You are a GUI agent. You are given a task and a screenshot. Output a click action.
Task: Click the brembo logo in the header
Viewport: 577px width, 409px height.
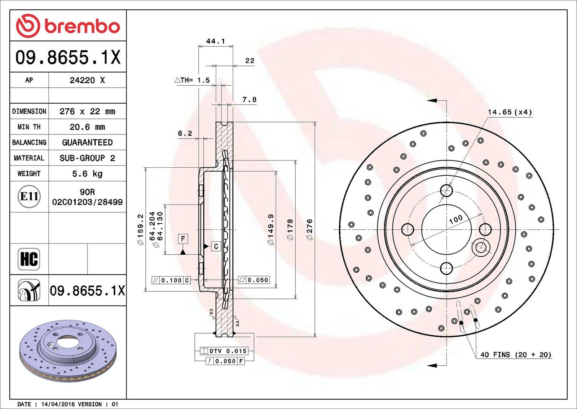click(x=68, y=26)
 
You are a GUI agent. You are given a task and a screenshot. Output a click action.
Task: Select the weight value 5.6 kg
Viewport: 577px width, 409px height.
click(x=87, y=174)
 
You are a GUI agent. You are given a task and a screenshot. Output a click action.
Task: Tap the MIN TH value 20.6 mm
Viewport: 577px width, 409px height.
click(x=87, y=127)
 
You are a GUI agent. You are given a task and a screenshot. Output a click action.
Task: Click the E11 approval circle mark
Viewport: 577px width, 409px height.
click(x=29, y=197)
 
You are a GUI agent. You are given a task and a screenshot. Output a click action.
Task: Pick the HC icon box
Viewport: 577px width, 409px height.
click(x=29, y=259)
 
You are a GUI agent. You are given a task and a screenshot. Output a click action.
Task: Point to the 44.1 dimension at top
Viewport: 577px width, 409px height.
click(x=216, y=41)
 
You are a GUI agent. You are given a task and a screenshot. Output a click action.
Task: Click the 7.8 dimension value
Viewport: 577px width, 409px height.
click(x=249, y=100)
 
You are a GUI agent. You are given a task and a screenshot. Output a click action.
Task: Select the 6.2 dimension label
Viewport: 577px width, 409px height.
click(x=185, y=133)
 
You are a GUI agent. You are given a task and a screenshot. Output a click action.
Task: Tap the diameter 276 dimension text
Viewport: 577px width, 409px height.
click(x=309, y=229)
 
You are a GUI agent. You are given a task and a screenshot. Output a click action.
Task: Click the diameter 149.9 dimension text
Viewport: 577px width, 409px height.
click(x=270, y=229)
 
